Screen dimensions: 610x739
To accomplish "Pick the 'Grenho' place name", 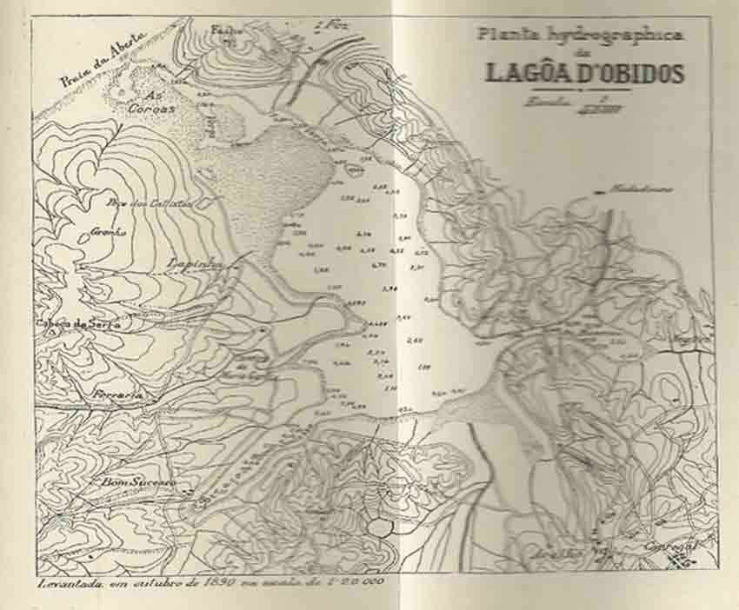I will click(x=109, y=232).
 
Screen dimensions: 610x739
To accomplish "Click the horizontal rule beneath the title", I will click(x=581, y=89).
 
